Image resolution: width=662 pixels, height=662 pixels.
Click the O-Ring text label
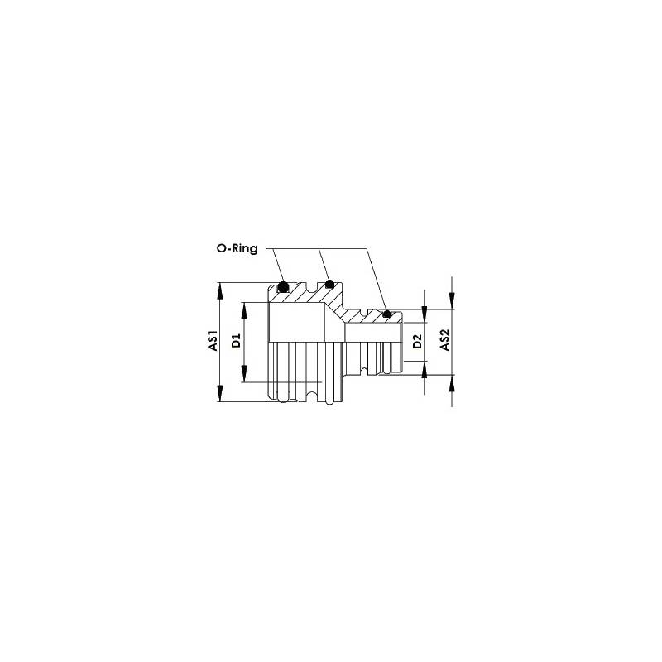click(x=237, y=248)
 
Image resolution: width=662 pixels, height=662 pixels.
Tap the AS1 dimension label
click(x=213, y=340)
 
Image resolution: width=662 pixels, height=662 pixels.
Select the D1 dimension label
click(x=236, y=341)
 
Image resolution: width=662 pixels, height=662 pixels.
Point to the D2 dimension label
click(x=417, y=341)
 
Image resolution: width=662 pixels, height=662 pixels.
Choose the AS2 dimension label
click(x=445, y=340)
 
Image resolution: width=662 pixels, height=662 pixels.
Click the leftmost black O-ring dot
click(x=283, y=287)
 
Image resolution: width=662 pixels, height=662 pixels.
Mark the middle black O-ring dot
click(x=329, y=284)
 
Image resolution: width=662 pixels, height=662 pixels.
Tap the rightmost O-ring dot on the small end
click(x=386, y=314)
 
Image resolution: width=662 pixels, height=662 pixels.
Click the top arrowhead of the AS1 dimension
click(x=219, y=291)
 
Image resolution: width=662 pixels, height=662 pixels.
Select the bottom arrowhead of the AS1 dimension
click(x=219, y=393)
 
